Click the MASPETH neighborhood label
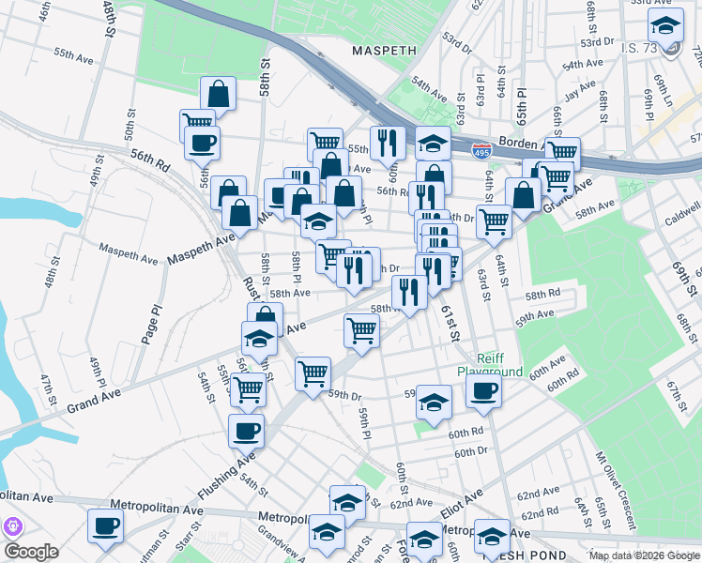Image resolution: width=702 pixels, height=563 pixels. click(x=382, y=49)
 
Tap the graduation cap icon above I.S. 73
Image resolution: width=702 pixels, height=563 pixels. click(x=665, y=25)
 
